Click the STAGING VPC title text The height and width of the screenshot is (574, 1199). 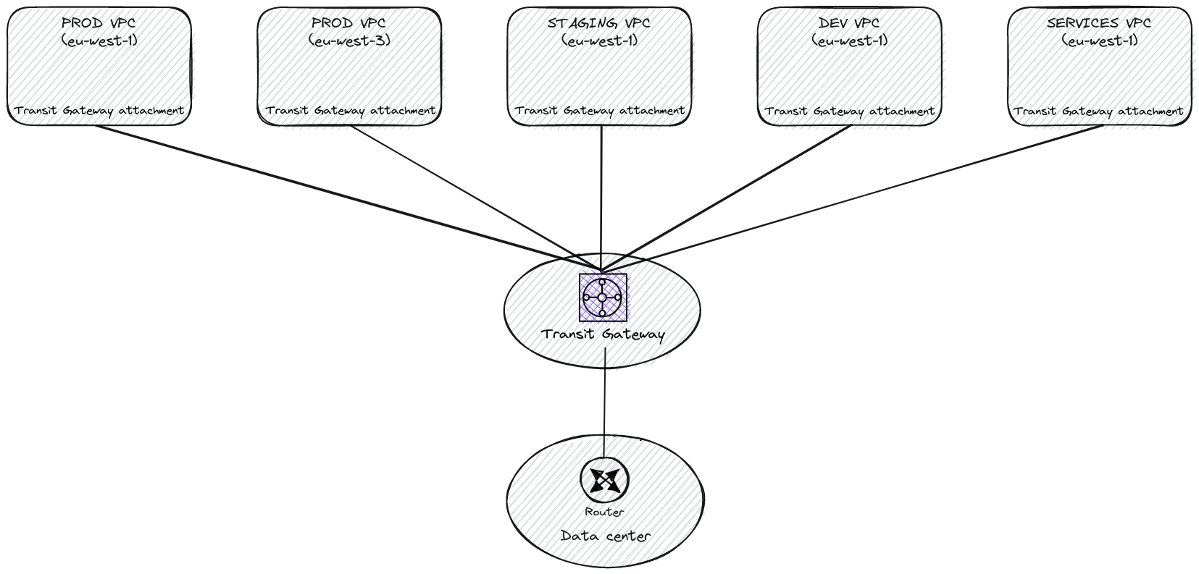598,23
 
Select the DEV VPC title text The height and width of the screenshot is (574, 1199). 849,23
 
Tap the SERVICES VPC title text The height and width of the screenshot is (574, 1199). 1099,23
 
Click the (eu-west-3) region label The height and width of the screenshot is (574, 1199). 349,41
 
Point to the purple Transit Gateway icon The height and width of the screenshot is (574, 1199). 603,297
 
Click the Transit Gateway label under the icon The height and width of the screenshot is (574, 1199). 603,334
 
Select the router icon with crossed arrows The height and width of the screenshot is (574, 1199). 604,480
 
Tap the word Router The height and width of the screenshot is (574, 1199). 604,512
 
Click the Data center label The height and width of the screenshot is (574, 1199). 606,536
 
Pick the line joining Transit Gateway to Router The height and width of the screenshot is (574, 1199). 604,405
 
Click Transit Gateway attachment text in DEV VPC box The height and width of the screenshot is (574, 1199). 849,111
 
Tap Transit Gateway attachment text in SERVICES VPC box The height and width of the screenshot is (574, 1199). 1098,111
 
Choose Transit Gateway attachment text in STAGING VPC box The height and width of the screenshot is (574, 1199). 599,111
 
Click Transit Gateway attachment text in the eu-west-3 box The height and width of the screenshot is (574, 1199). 350,111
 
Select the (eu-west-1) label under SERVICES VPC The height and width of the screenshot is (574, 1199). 1099,41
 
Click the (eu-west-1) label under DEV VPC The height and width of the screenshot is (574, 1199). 849,41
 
